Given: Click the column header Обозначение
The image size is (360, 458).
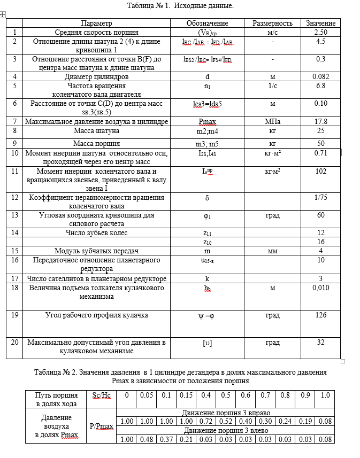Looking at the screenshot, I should [x=207, y=23].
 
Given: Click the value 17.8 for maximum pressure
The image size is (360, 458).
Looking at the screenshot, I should [x=321, y=122].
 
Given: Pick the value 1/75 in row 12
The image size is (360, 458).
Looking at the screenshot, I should [x=321, y=198].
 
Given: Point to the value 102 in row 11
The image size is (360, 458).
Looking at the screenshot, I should [x=321, y=172].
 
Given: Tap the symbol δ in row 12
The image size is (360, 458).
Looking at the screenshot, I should [x=207, y=198].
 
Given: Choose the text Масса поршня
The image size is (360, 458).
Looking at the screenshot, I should [x=97, y=143].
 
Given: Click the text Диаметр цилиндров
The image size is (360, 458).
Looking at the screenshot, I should [x=97, y=77].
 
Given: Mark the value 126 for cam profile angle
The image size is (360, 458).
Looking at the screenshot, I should [x=321, y=315].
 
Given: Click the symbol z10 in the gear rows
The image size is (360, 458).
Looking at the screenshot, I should [x=207, y=242].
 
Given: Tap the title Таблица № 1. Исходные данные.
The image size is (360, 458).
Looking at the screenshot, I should [x=180, y=5].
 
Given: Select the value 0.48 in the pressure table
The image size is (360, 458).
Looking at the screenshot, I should [x=146, y=439].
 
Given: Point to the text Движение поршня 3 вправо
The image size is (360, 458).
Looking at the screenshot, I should [x=225, y=413].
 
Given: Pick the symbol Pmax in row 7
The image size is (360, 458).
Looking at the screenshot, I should [x=207, y=122].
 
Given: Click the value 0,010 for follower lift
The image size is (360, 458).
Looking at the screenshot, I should [x=321, y=288].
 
